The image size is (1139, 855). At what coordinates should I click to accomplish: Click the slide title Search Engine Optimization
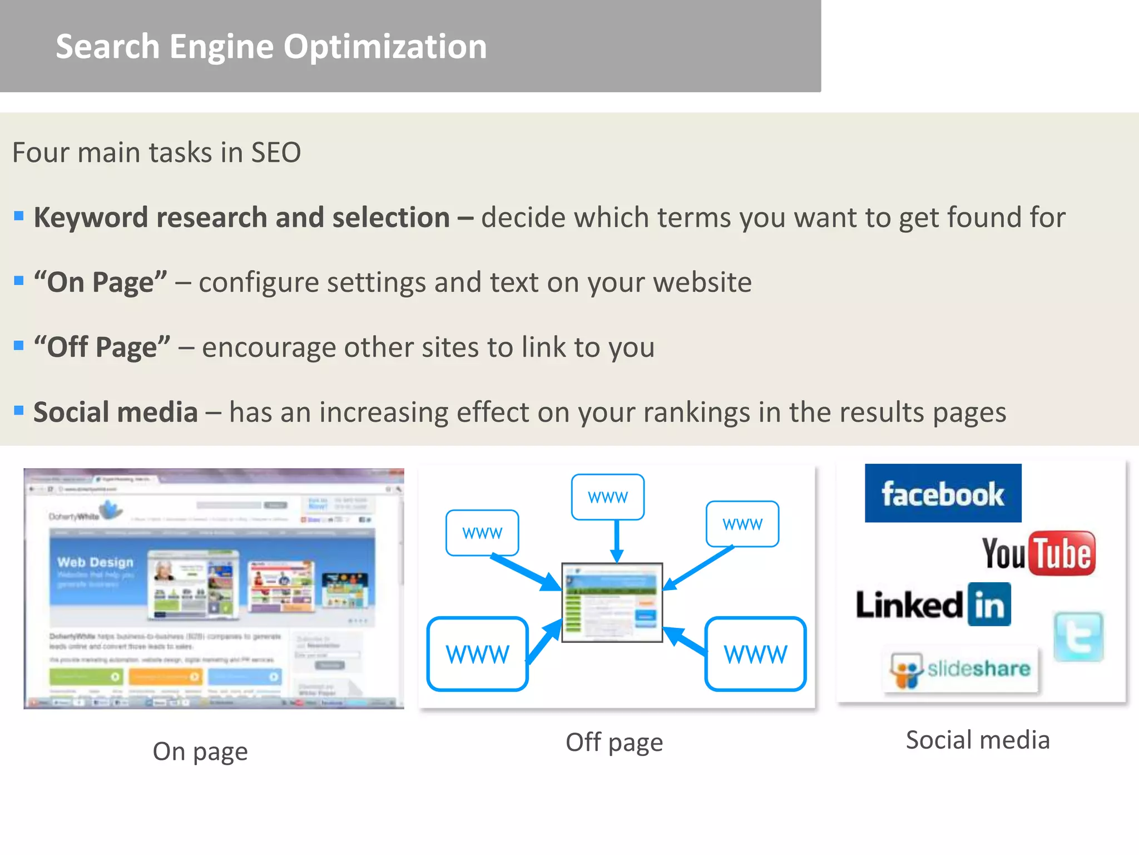pyautogui.click(x=271, y=46)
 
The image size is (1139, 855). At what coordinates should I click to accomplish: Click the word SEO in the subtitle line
pyautogui.click(x=276, y=153)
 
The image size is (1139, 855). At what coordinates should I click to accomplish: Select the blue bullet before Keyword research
pyautogui.click(x=19, y=216)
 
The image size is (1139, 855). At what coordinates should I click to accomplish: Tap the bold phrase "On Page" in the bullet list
pyautogui.click(x=100, y=282)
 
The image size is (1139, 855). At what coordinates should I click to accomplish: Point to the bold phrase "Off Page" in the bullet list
pyautogui.click(x=102, y=347)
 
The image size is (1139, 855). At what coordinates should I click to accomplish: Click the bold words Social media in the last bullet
pyautogui.click(x=116, y=412)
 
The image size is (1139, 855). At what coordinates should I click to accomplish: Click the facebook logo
pyautogui.click(x=943, y=494)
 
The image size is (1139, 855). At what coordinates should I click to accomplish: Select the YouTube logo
pyautogui.click(x=1038, y=553)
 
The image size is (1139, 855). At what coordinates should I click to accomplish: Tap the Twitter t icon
pyautogui.click(x=1078, y=637)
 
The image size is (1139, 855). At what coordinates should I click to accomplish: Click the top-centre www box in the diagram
pyautogui.click(x=607, y=497)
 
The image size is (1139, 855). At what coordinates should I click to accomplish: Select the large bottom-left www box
pyautogui.click(x=477, y=654)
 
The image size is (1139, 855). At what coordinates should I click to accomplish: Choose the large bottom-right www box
pyautogui.click(x=755, y=654)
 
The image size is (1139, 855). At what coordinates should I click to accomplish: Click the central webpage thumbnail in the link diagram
pyautogui.click(x=612, y=602)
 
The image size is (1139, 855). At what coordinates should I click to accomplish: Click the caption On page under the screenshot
pyautogui.click(x=200, y=752)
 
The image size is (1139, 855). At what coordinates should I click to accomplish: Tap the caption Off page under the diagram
pyautogui.click(x=614, y=743)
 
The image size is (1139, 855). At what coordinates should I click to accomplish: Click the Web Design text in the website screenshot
pyautogui.click(x=95, y=562)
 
